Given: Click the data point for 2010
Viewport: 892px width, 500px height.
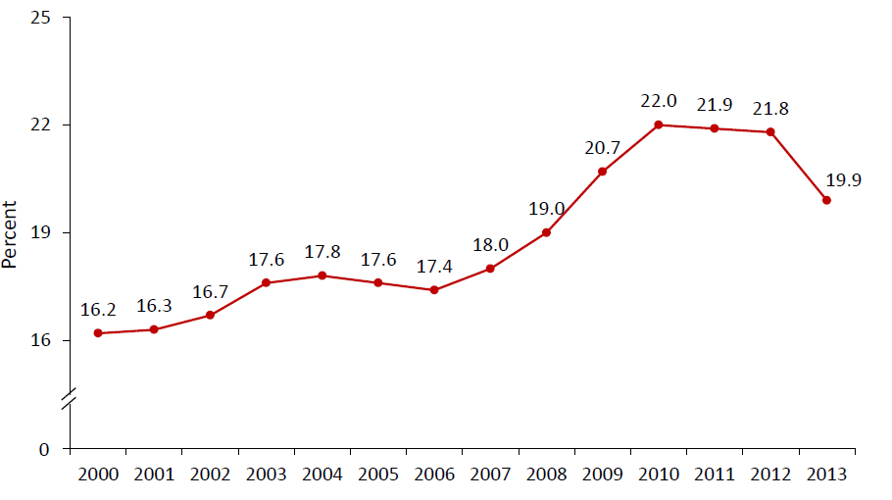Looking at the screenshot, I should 658,125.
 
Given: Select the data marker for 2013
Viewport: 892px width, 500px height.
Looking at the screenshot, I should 826,200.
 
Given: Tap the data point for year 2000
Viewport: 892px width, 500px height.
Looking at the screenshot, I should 98,333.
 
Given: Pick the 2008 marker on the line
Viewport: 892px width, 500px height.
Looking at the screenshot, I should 546,232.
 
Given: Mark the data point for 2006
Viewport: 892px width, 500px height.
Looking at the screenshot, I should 434,290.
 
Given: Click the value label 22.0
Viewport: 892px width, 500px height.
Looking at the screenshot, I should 658,101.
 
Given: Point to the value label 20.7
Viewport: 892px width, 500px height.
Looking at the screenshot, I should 602,148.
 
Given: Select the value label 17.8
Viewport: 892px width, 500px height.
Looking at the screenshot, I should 322,252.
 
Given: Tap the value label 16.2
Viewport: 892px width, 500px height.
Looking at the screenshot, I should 98,310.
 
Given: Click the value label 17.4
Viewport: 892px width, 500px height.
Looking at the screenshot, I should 434,267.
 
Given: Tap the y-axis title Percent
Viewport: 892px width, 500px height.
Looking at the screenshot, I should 11,233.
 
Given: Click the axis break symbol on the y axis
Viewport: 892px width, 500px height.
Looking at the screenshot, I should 70,396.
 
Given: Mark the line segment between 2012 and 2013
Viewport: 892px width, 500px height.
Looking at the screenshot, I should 799,166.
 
